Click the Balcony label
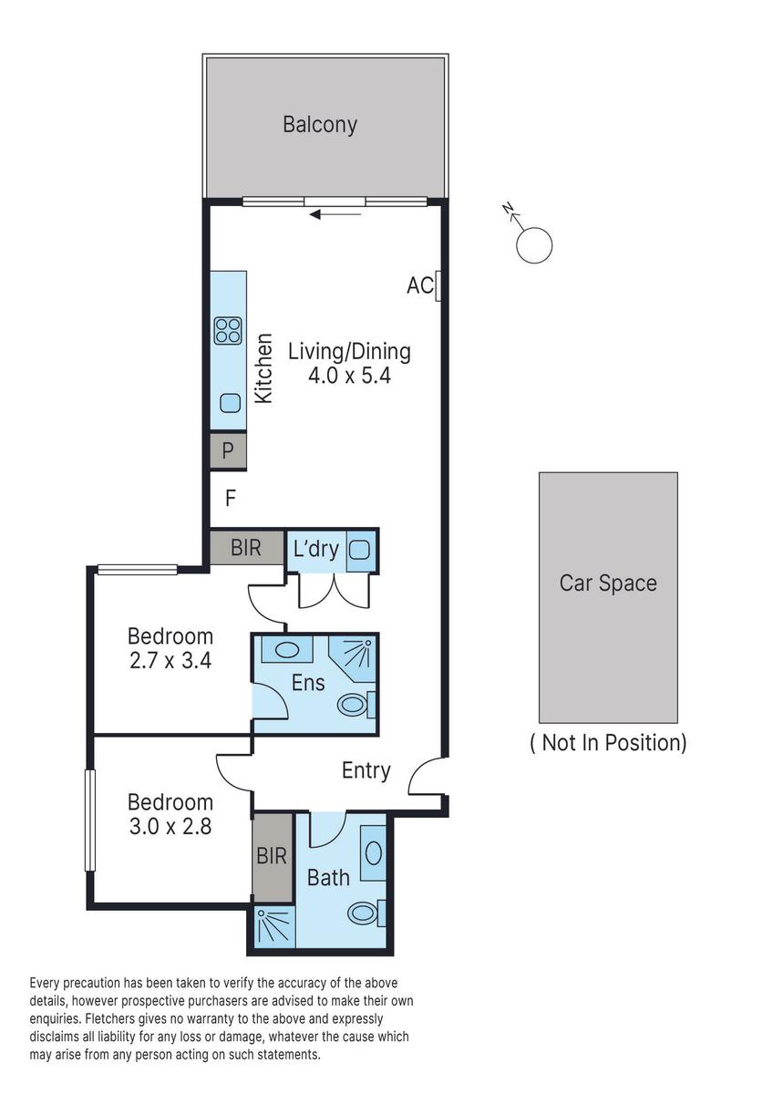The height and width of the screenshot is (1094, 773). pos(319,125)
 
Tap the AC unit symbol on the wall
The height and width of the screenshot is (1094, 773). pos(439,286)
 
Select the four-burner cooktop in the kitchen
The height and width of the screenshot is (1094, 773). pos(228,330)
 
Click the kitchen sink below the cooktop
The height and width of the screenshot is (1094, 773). pos(229,403)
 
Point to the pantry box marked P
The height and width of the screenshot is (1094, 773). pos(228,450)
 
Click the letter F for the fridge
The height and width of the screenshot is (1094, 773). pos(231,499)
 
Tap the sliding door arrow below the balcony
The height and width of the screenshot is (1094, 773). pos(335,215)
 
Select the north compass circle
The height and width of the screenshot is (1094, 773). pos(533,245)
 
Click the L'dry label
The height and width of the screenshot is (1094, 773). pos(315,550)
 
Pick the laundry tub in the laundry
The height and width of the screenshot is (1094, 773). pos(359,550)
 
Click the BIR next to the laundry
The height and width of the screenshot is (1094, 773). pos(245,548)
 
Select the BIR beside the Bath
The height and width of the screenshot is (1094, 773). pos(272,856)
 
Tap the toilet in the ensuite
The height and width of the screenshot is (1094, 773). pos(356,705)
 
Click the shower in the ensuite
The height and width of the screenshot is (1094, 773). pos(352,655)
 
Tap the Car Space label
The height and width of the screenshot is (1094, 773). pos(608,583)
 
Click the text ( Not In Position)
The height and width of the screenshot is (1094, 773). pos(608,743)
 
